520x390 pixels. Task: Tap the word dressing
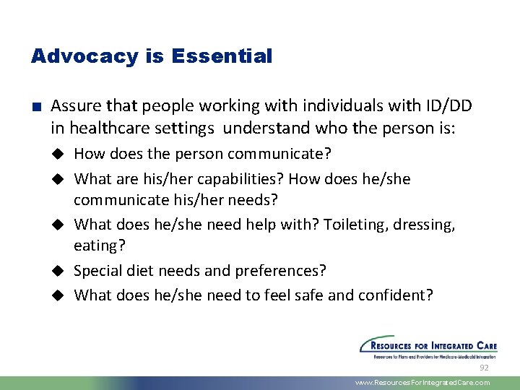click(427, 225)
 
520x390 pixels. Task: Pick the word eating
click(99, 246)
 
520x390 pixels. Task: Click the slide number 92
click(485, 368)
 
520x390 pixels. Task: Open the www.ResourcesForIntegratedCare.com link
click(422, 383)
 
